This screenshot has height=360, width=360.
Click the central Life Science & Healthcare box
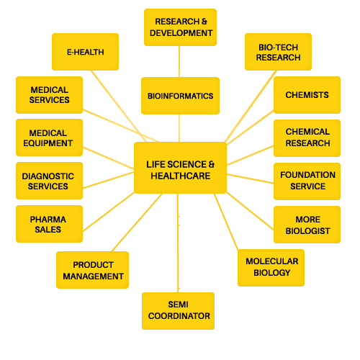click(x=180, y=168)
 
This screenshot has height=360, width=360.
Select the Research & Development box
click(x=180, y=27)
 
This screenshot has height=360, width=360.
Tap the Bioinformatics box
click(x=180, y=96)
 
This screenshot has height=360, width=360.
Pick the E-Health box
click(x=85, y=52)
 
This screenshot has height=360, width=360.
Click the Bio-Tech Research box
click(x=278, y=52)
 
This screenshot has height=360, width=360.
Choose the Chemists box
click(x=307, y=95)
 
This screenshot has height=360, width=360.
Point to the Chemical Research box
click(x=307, y=138)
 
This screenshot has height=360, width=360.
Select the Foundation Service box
click(x=307, y=181)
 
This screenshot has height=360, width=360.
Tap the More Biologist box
click(x=307, y=225)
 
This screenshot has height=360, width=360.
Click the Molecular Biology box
click(x=271, y=268)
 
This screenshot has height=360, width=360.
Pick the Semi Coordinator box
click(x=178, y=311)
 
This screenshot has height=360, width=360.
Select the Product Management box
click(x=92, y=270)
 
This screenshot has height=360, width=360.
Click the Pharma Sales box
click(x=49, y=224)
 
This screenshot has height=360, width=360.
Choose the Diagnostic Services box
click(x=49, y=181)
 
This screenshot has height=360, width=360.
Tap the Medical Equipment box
click(x=49, y=138)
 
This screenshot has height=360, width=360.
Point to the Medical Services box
click(x=49, y=95)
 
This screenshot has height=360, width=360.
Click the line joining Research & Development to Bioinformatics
click(x=179, y=61)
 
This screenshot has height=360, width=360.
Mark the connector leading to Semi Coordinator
click(x=178, y=243)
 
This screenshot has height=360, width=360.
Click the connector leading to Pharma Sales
click(x=109, y=212)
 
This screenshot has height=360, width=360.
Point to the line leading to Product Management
click(x=137, y=222)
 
